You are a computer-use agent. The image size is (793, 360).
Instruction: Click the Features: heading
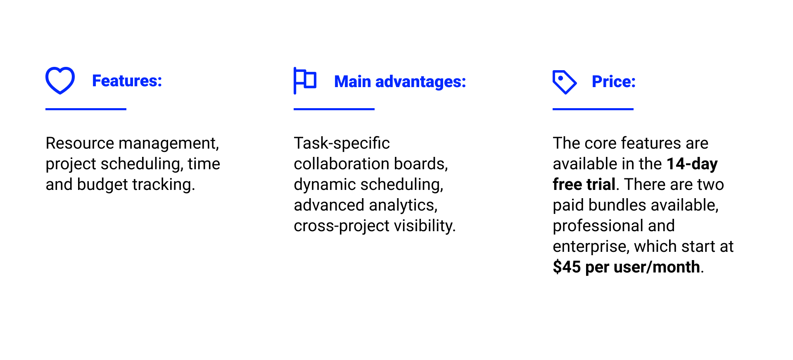(x=127, y=81)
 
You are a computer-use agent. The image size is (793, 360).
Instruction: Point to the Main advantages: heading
(x=400, y=82)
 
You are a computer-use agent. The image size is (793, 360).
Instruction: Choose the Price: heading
(x=613, y=82)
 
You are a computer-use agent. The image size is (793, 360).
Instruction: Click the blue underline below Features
(x=86, y=109)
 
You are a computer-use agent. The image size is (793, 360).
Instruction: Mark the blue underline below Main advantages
(x=334, y=109)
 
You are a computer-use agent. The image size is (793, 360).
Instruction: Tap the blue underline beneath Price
(x=593, y=109)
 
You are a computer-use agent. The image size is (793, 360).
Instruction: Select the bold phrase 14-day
(x=692, y=164)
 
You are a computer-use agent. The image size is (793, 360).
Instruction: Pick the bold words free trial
(x=584, y=185)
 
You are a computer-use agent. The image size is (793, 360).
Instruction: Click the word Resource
(x=80, y=143)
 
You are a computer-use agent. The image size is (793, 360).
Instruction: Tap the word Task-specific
(x=342, y=143)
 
